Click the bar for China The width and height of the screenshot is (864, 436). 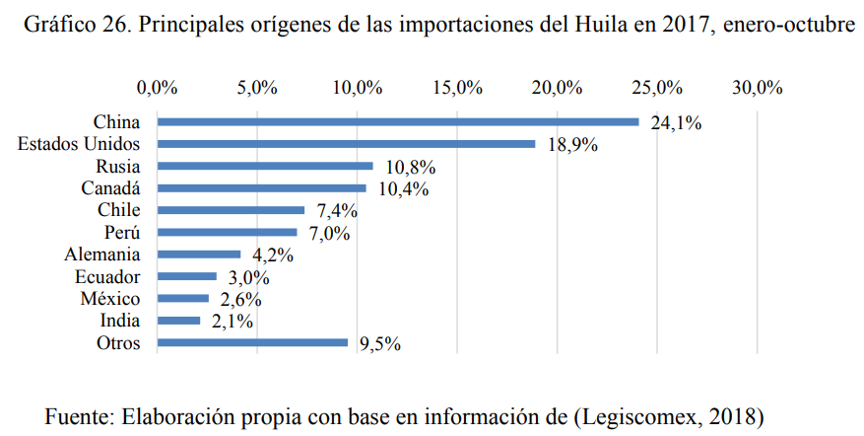398,122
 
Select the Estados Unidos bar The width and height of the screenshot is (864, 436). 346,144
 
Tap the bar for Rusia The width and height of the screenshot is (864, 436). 265,166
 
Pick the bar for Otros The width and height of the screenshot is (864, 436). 252,342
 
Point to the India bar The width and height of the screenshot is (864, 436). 178,321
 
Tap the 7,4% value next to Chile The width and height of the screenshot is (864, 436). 334,211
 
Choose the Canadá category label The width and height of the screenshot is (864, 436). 113,188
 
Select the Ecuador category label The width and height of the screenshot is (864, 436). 109,277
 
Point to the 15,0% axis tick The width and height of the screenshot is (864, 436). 457,88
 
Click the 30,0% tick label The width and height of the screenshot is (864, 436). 757,88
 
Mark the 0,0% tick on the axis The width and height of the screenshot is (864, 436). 158,88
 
